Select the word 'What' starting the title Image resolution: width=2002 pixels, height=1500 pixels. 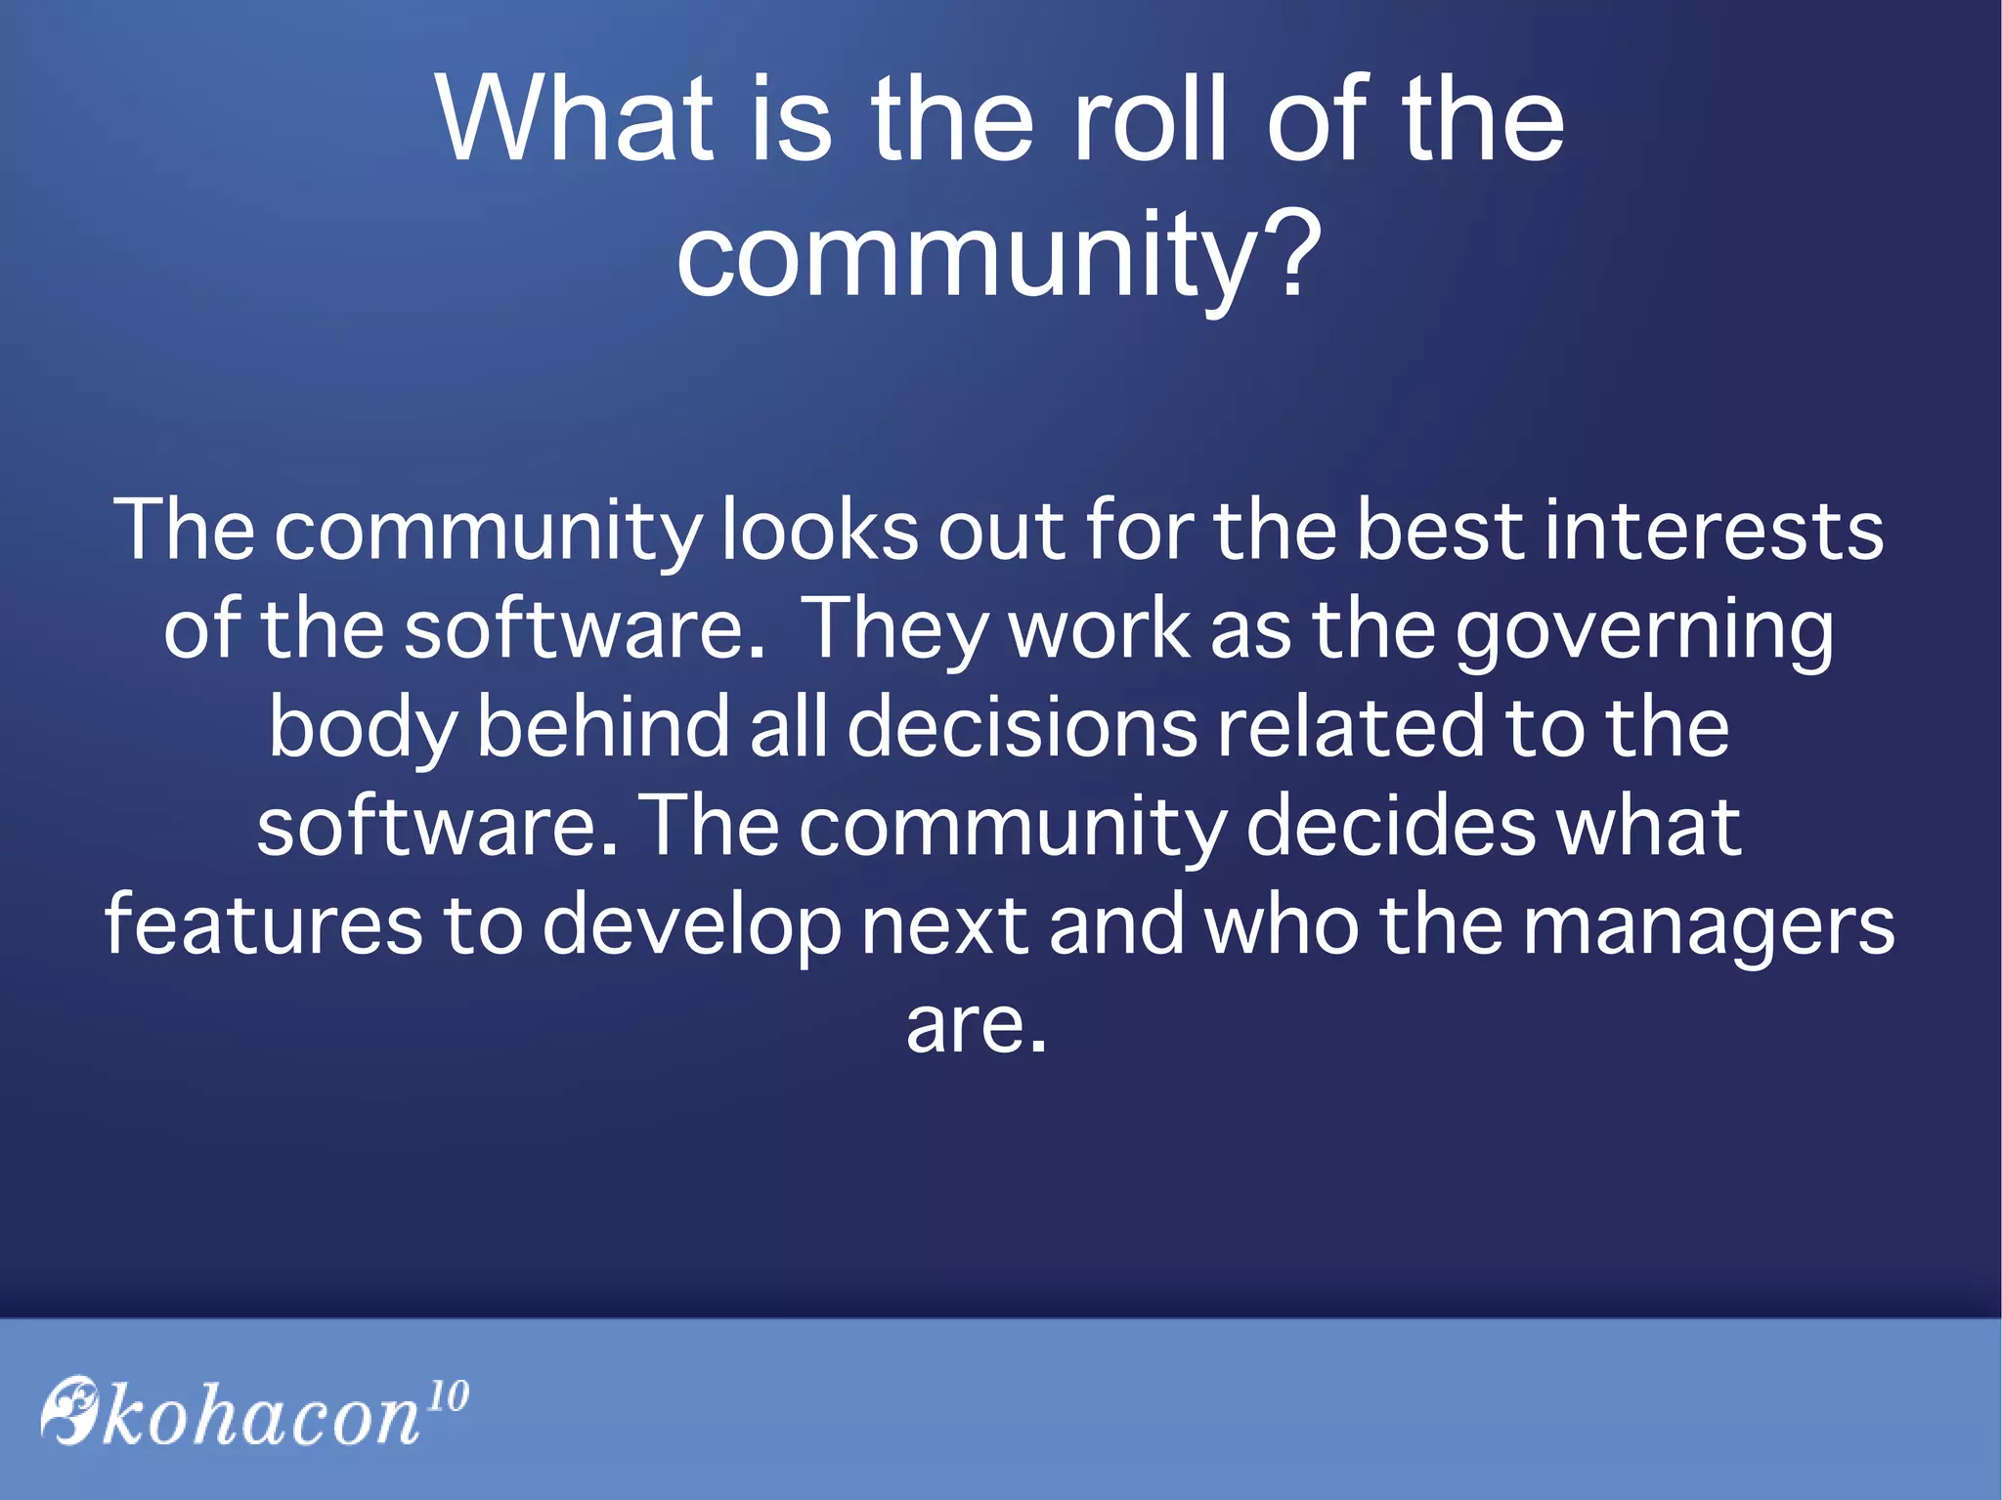click(x=574, y=118)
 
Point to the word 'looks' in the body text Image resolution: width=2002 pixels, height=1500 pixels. click(x=819, y=531)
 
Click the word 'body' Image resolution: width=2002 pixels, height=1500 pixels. click(x=363, y=729)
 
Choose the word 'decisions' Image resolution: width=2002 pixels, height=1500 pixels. click(x=1022, y=727)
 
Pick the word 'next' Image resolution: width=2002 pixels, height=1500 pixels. click(x=943, y=925)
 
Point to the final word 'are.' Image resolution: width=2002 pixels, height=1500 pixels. click(x=977, y=1026)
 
